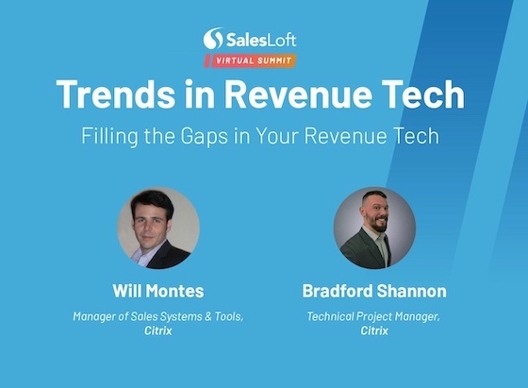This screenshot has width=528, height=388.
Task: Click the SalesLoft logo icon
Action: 214,39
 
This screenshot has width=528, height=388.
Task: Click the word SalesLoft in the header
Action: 260,39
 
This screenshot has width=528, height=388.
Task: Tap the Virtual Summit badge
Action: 250,60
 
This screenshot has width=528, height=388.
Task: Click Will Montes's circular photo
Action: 157,228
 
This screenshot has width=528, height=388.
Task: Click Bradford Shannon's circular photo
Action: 374,228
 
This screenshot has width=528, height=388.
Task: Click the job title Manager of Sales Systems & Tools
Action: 157,316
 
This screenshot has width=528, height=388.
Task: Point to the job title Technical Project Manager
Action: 374,316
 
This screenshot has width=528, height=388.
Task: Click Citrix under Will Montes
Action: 157,331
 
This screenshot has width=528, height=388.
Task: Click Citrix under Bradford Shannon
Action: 374,331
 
